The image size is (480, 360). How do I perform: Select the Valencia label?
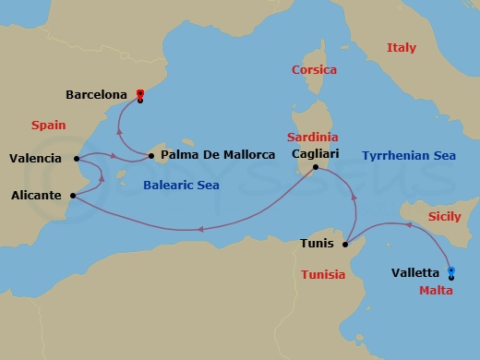coord(35,159)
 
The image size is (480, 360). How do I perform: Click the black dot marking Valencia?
coord(74,159)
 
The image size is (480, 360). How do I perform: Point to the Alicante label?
coord(36,196)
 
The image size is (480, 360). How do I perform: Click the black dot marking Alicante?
coord(73,195)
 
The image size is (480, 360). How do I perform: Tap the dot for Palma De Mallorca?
coord(150,156)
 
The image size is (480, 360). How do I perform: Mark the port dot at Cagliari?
coord(316,167)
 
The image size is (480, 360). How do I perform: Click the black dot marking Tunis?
coord(343,245)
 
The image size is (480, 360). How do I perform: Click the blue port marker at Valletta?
coord(451,270)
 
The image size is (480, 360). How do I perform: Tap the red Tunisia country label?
coord(323,275)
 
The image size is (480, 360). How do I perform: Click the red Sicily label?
coord(446,216)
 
